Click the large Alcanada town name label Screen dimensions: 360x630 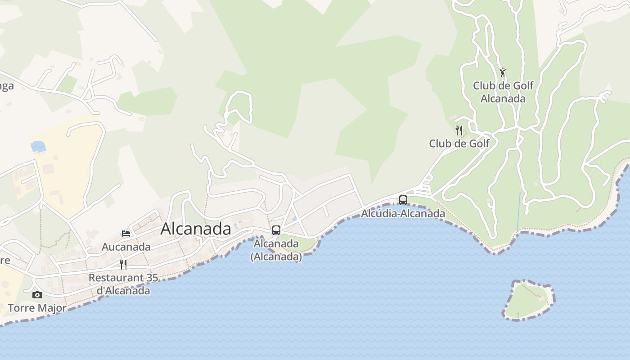pos(196,229)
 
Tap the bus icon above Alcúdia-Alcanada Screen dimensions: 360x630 pos(403,200)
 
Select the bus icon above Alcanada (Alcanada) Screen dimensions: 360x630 pos(276,230)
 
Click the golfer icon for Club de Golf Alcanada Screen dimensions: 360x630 pos(503,72)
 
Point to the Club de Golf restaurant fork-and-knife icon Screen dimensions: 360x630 pos(459,130)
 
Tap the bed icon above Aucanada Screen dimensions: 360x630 pos(126,233)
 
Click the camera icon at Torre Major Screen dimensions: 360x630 pos(37,295)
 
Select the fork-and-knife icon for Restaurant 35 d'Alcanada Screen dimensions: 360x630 pos(123,264)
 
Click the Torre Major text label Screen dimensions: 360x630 pos(37,308)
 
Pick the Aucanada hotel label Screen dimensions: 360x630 pos(126,247)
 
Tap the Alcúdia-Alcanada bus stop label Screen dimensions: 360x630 pos(403,213)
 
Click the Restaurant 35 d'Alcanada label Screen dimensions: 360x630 pos(123,284)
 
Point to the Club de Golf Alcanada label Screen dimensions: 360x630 pos(503,92)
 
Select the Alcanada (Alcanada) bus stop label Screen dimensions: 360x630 pos(276,250)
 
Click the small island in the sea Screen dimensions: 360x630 pos(527,300)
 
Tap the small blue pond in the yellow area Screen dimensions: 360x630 pos(38,146)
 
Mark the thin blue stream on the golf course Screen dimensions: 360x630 pos(519,211)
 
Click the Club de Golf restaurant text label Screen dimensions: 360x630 pos(459,144)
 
